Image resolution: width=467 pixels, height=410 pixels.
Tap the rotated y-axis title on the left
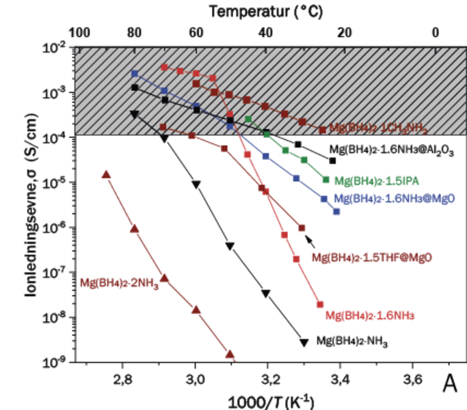pyautogui.click(x=31, y=205)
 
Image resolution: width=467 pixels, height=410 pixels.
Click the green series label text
pyautogui.click(x=376, y=181)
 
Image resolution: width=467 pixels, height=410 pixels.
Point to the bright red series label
pyautogui.click(x=370, y=316)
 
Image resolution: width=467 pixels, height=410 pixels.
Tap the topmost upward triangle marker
pyautogui.click(x=105, y=174)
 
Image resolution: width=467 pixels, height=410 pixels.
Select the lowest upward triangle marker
pyautogui.click(x=230, y=355)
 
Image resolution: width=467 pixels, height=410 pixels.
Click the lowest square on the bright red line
pyautogui.click(x=319, y=303)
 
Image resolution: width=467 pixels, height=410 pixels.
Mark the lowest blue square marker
pyautogui.click(x=336, y=211)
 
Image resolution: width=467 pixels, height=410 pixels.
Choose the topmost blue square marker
pyautogui.click(x=135, y=73)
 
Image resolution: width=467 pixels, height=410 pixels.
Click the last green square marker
pyautogui.click(x=326, y=180)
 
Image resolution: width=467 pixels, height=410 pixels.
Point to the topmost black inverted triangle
pyautogui.click(x=134, y=114)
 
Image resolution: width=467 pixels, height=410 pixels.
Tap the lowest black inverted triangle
pyautogui.click(x=304, y=341)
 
